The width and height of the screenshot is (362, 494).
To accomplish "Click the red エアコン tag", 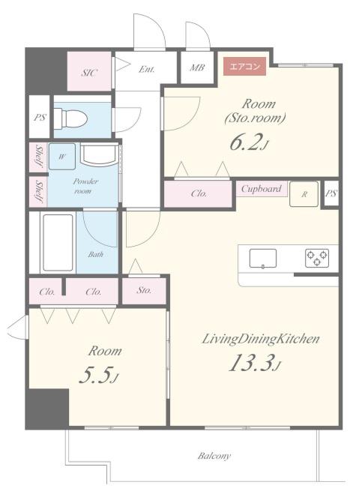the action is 245,67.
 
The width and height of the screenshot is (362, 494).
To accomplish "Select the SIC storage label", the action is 89,73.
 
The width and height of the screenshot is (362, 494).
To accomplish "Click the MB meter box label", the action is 197,67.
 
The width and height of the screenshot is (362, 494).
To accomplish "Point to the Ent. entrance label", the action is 146,69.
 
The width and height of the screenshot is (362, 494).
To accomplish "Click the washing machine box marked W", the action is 62,157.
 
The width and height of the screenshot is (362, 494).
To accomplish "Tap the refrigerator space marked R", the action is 304,194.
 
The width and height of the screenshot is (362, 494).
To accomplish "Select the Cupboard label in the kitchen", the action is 261,189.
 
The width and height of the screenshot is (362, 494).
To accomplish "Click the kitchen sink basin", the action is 263,259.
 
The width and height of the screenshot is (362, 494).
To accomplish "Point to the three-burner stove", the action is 317,258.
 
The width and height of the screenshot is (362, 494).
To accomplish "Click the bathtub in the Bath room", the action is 58,242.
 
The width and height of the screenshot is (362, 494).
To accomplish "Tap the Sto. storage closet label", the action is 144,290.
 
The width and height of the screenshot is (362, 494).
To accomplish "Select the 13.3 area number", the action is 255,363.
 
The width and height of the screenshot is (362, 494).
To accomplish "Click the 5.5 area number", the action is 99,375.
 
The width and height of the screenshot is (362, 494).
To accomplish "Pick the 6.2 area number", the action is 249,142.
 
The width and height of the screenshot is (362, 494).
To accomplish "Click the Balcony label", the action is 214,456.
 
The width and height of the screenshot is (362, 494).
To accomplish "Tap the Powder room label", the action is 85,186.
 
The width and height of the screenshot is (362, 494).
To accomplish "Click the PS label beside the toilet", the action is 40,118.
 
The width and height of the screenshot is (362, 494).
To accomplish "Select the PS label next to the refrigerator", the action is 331,193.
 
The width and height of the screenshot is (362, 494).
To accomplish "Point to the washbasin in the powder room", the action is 99,154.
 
